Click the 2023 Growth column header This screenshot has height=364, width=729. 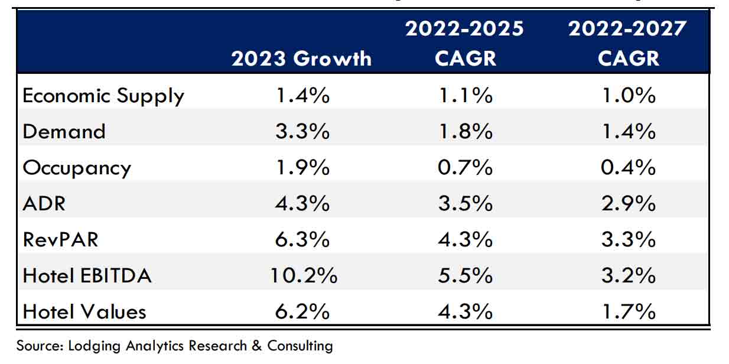(301, 58)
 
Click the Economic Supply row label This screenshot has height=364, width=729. (103, 95)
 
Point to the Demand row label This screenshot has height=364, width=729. (64, 131)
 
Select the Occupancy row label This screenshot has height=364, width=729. (77, 168)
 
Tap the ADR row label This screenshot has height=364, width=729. (44, 203)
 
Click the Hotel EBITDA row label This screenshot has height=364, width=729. (87, 275)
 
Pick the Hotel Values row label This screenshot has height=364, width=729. (84, 311)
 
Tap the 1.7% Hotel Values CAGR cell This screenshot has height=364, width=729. (627, 311)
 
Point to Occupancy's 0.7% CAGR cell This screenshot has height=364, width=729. (464, 168)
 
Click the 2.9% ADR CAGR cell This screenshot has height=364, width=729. (627, 203)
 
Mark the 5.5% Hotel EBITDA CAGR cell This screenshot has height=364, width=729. (464, 275)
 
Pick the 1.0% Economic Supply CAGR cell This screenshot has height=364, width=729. (627, 95)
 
